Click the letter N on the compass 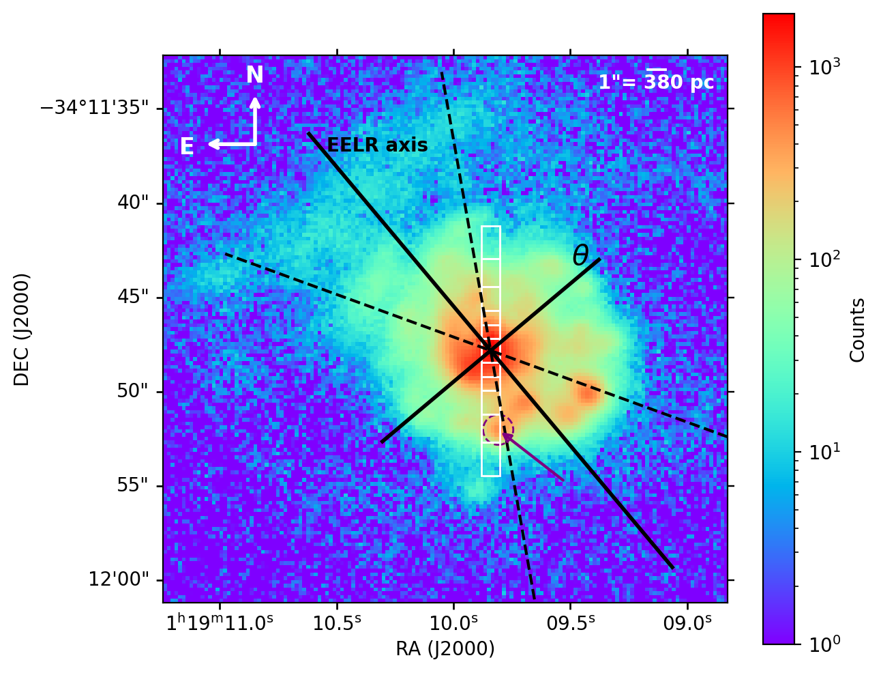pos(254,76)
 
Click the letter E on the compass pos(187,147)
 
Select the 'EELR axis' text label pos(377,145)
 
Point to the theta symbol pos(580,256)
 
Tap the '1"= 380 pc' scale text pos(656,83)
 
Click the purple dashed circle pos(498,429)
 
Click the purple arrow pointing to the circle pos(533,457)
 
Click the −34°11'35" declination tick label pos(95,109)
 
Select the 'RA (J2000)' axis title pos(445,649)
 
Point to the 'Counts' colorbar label pos(857,330)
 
